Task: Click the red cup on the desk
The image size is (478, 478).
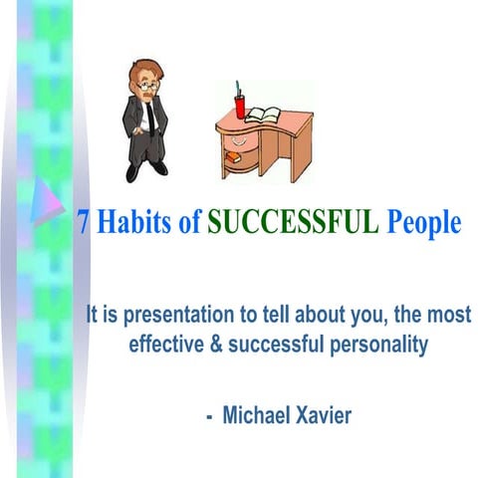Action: [x=240, y=107]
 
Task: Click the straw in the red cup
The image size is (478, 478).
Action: [x=239, y=89]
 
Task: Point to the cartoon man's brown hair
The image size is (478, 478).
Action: [x=143, y=71]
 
